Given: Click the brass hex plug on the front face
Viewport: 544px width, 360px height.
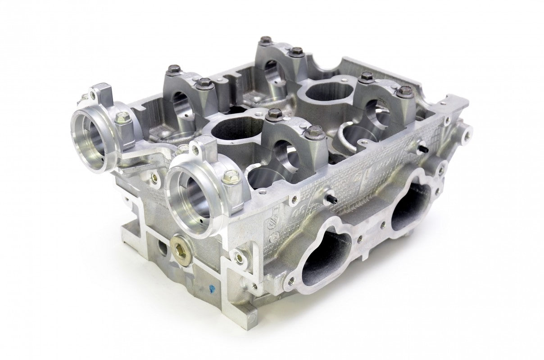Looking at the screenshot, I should point(181,247).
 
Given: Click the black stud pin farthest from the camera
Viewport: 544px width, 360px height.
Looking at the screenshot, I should point(424,147).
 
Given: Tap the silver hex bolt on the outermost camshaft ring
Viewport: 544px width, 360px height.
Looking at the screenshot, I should point(123,118).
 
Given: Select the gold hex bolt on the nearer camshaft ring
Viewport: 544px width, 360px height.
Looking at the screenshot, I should point(230,177).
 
